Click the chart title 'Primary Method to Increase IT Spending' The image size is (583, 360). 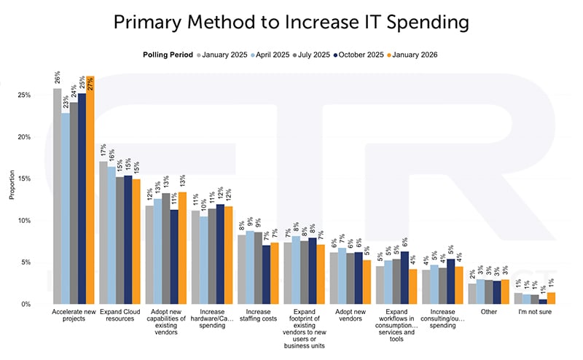tap(291, 23)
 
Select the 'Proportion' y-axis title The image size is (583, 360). tap(11, 185)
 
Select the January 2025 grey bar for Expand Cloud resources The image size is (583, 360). tap(103, 232)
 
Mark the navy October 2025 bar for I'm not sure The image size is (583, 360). tap(542, 301)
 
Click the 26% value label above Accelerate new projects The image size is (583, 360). tap(58, 77)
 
